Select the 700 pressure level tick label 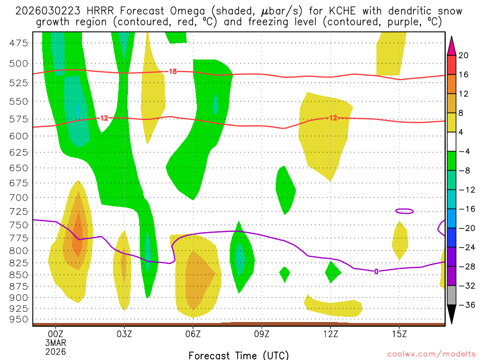(19, 197)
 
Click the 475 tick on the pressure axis (19, 43)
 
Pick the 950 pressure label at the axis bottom (19, 320)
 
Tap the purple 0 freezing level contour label (376, 271)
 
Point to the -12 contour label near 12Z (331, 118)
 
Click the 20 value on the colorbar (464, 55)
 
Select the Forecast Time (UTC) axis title (239, 355)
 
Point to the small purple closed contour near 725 (405, 211)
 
